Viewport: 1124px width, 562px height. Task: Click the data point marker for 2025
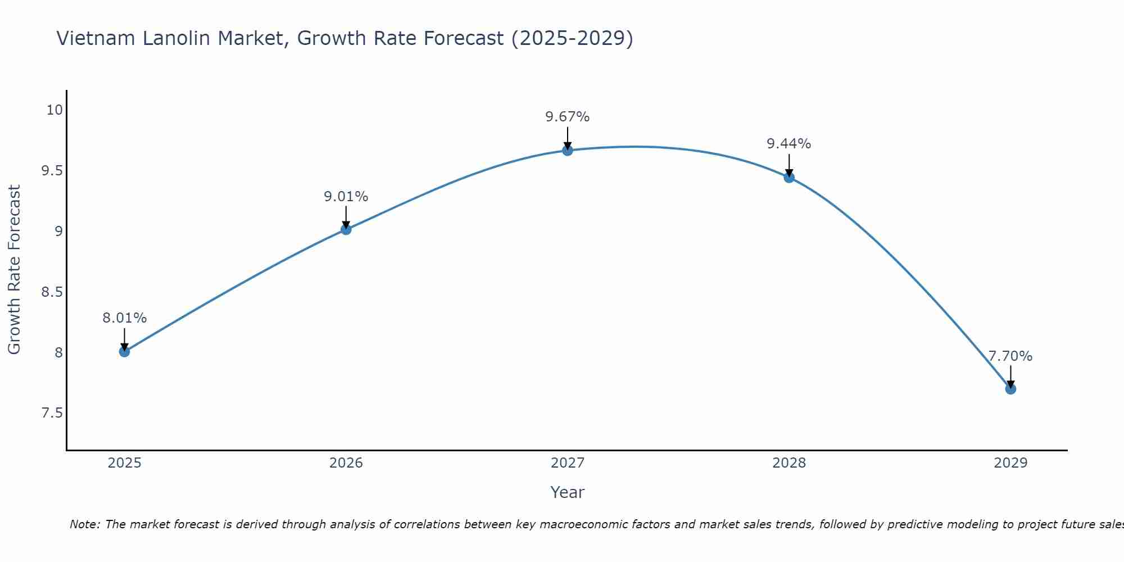click(124, 352)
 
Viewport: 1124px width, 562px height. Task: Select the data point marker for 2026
click(346, 229)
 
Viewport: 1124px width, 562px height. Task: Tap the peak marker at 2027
click(568, 150)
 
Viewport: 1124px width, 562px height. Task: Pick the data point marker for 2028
click(789, 178)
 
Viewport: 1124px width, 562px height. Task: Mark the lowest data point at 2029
click(1010, 389)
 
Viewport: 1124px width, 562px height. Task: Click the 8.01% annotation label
click(124, 318)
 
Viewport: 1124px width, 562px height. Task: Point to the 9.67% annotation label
click(568, 117)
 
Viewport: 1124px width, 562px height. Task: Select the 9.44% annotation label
click(789, 144)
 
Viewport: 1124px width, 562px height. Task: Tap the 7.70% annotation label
click(1010, 356)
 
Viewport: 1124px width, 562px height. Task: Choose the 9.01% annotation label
click(346, 197)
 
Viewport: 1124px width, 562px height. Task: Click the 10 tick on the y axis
click(55, 110)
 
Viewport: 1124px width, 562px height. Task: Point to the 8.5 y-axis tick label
click(52, 292)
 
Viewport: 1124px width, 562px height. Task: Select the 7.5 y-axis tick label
click(52, 413)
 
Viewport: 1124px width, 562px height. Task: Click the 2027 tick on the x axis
click(568, 463)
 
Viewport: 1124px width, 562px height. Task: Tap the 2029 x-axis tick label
click(1010, 463)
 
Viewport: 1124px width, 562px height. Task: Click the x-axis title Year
click(568, 492)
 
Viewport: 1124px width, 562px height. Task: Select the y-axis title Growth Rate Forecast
click(15, 270)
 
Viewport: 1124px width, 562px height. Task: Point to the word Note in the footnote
click(84, 524)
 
